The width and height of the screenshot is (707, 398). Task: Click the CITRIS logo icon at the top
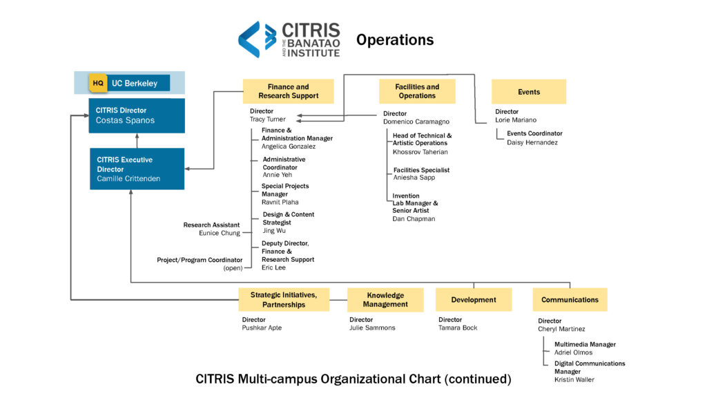257,39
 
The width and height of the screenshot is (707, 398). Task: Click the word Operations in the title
395,40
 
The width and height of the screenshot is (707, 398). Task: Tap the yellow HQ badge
98,84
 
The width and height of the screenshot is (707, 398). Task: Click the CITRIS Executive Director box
136,169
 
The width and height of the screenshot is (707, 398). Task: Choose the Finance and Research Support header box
288,91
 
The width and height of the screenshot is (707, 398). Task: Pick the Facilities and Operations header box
417,91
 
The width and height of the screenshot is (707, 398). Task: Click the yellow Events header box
528,92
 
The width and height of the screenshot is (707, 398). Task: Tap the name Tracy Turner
267,120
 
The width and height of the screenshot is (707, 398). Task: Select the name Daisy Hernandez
532,142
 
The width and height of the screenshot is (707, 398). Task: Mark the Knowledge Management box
385,300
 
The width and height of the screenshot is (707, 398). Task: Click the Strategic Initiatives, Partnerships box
283,300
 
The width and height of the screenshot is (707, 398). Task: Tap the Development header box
473,300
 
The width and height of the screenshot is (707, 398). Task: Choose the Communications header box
570,300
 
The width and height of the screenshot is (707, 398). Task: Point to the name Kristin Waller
574,379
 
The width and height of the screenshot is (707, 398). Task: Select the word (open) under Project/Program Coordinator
233,268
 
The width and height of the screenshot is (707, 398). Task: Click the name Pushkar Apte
262,328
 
